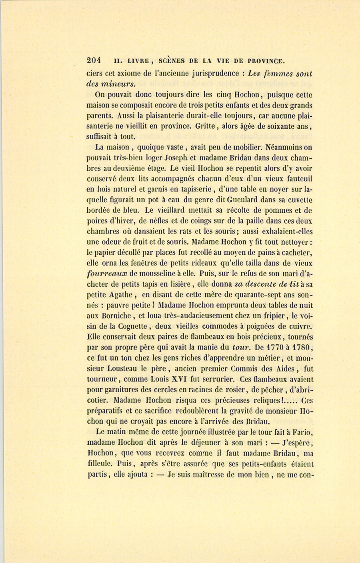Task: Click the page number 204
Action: (94, 61)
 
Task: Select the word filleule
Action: (100, 464)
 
